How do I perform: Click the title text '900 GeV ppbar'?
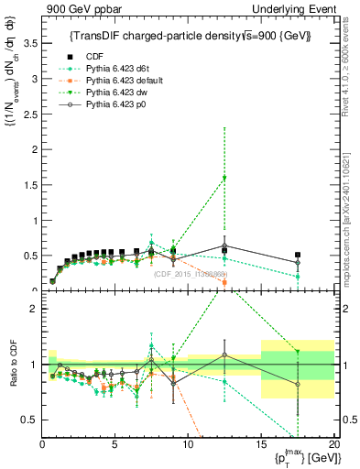pos(77,9)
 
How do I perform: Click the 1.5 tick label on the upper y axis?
pos(29,185)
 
